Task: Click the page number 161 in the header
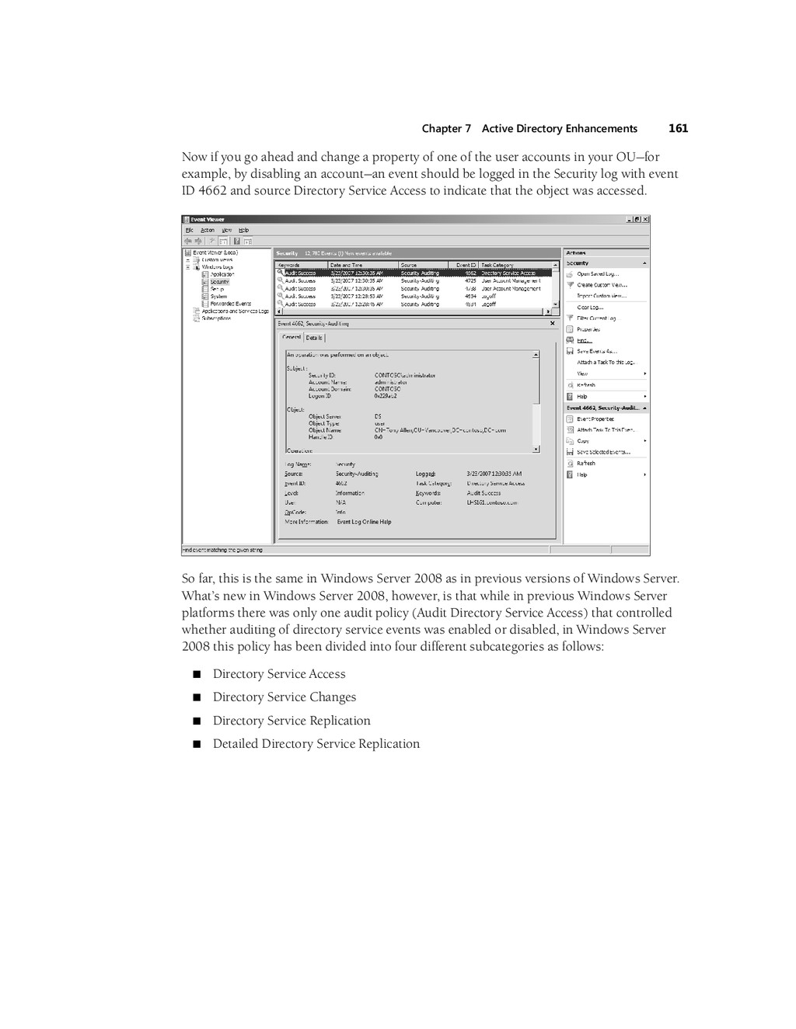[678, 128]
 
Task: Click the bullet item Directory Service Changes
[284, 697]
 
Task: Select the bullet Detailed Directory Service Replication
[316, 743]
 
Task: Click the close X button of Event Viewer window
[645, 219]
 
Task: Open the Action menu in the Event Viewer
[208, 230]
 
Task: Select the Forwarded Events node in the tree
[230, 304]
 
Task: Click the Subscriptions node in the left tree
[216, 318]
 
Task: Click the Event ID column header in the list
[466, 265]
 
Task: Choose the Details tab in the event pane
[314, 338]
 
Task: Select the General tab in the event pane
[292, 338]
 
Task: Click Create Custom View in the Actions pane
[601, 285]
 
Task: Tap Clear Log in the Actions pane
[590, 308]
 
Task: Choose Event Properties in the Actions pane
[595, 419]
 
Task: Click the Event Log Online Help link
[364, 522]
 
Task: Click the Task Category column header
[497, 265]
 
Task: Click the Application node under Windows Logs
[222, 274]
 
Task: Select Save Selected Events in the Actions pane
[602, 452]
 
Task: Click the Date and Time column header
[347, 265]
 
